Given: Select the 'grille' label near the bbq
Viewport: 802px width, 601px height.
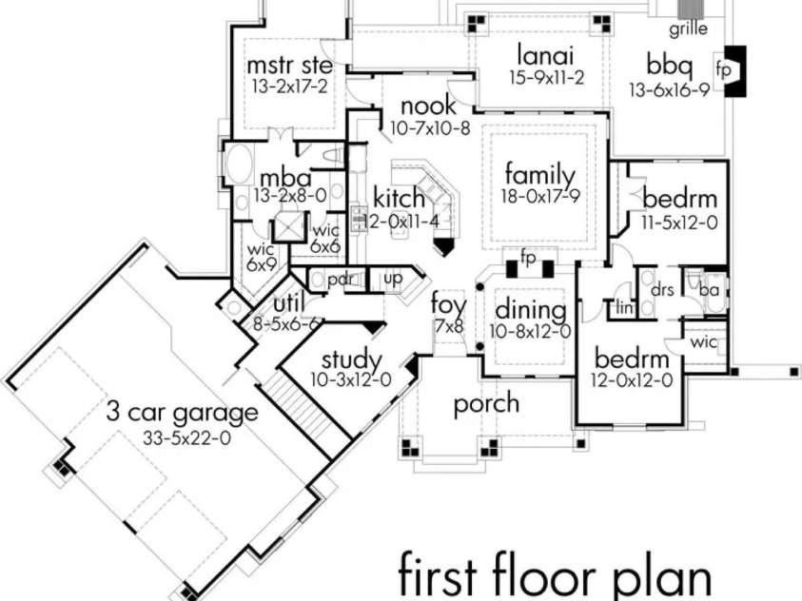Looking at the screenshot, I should click(687, 29).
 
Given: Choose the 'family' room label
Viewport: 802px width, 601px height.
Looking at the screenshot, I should click(539, 175).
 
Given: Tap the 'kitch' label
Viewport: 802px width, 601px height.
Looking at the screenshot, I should click(399, 198).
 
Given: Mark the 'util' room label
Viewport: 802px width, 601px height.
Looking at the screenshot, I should click(287, 302).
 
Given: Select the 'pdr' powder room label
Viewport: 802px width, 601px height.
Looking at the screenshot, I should click(340, 281).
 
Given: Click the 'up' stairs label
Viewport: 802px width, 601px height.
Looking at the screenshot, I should click(391, 279).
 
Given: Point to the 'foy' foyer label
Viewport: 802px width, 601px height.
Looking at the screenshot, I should click(447, 306).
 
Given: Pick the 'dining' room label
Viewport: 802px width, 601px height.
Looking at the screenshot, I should click(531, 311).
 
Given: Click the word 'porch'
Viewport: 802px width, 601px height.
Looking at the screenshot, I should click(486, 403).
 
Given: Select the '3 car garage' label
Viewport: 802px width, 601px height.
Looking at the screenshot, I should click(182, 414).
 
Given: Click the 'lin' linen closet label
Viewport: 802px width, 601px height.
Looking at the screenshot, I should click(623, 307).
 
